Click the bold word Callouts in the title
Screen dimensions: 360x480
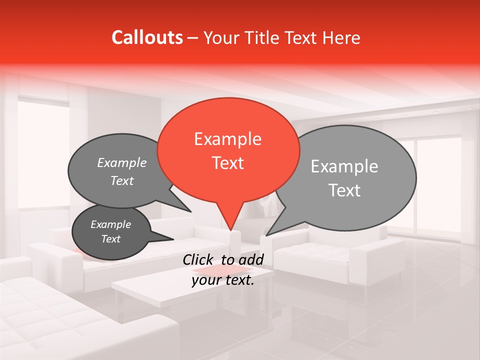[147, 37]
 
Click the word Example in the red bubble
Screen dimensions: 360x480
[227, 139]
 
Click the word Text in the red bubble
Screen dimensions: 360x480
[227, 163]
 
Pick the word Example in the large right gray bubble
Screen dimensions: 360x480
[344, 166]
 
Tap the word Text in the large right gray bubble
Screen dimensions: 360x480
[344, 190]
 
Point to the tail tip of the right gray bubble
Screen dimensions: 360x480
[266, 235]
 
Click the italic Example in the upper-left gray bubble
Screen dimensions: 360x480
[121, 162]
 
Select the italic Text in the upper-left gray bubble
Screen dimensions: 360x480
[121, 181]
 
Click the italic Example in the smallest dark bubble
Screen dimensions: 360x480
[110, 224]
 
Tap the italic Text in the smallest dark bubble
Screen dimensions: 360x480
[110, 239]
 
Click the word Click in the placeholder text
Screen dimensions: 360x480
[199, 259]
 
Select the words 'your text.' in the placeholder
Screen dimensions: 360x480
[222, 280]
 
